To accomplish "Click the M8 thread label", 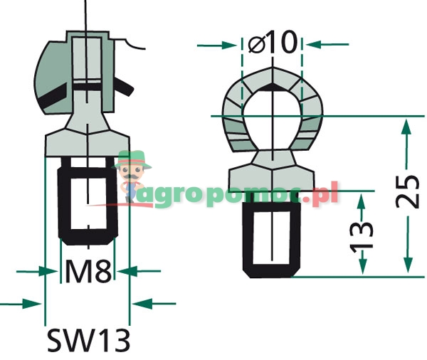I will [x=88, y=272].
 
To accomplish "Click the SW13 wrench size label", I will [x=88, y=340].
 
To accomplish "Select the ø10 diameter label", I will [x=273, y=43].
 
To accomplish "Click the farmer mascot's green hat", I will [x=135, y=157].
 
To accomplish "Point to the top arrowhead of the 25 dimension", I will [x=406, y=127].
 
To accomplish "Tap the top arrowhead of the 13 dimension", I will [x=361, y=200].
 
